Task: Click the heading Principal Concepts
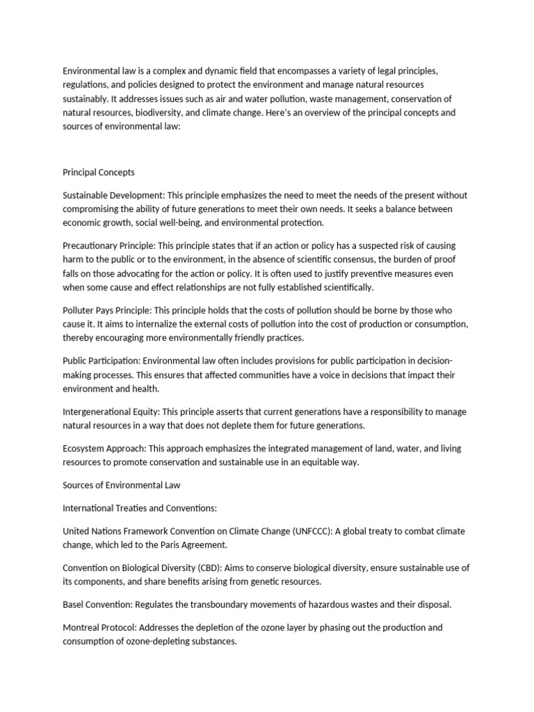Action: (99, 172)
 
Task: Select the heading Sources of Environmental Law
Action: (121, 484)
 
